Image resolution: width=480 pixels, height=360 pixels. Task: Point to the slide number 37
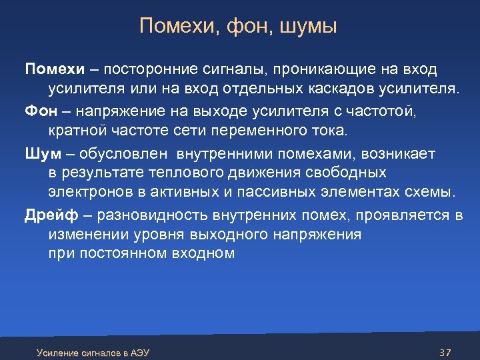tap(446, 352)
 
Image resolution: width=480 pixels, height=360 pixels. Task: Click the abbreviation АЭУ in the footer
tap(140, 352)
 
